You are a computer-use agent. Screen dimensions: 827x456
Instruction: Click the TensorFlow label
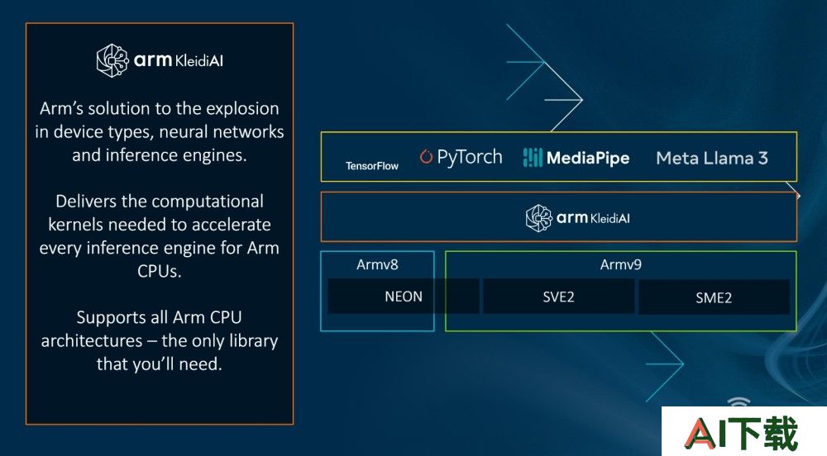coord(372,166)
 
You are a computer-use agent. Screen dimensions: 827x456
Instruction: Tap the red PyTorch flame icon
coord(426,156)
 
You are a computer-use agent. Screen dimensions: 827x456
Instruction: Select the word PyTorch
coord(470,158)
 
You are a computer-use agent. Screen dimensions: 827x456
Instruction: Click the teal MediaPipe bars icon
coord(532,157)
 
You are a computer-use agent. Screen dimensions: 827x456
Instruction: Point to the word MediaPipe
coord(588,158)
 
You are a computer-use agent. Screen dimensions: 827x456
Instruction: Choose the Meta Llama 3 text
coord(712,158)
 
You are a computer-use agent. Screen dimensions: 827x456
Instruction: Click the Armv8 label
coord(377,264)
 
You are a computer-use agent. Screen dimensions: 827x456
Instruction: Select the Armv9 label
coord(621,264)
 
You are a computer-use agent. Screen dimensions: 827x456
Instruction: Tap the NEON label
coord(404,297)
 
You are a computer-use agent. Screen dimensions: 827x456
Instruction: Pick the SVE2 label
coord(558,297)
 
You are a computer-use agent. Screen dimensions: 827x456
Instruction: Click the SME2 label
coord(714,298)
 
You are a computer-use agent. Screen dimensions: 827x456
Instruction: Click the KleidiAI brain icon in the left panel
coord(112,60)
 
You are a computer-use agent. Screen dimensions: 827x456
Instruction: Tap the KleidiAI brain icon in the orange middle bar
coord(539,218)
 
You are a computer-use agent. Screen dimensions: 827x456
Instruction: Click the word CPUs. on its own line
coord(160,271)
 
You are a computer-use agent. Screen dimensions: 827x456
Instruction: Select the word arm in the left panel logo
coord(153,60)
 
